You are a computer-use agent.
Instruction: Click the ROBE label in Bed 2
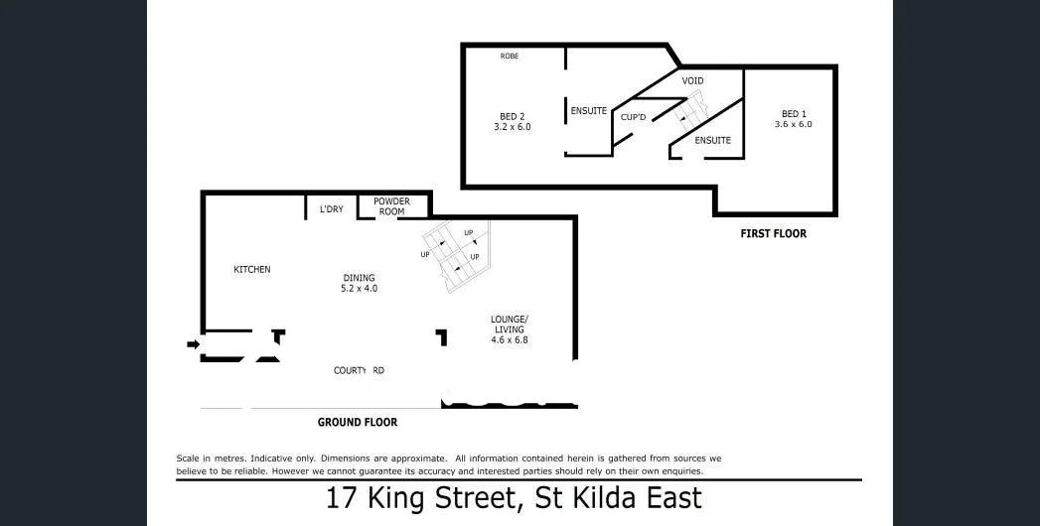[510, 57]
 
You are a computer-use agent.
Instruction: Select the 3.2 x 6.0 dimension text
[512, 127]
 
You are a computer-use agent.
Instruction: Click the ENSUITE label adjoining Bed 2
[589, 111]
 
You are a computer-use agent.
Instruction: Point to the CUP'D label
[635, 117]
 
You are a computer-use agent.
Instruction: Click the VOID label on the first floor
[693, 79]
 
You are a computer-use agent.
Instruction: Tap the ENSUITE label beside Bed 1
[712, 141]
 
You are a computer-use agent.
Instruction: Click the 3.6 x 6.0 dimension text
[794, 125]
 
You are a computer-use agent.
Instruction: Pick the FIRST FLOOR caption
[773, 234]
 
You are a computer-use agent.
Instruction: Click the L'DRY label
[332, 209]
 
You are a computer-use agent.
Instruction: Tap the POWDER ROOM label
[391, 206]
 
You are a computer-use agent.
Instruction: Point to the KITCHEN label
[252, 270]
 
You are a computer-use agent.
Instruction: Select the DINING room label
[359, 278]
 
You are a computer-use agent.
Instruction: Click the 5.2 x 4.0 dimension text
[359, 289]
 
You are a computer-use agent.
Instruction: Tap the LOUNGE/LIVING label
[508, 325]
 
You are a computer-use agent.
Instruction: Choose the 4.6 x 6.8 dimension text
[510, 340]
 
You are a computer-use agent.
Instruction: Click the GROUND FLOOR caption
[358, 423]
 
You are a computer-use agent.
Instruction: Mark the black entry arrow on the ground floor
[193, 344]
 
